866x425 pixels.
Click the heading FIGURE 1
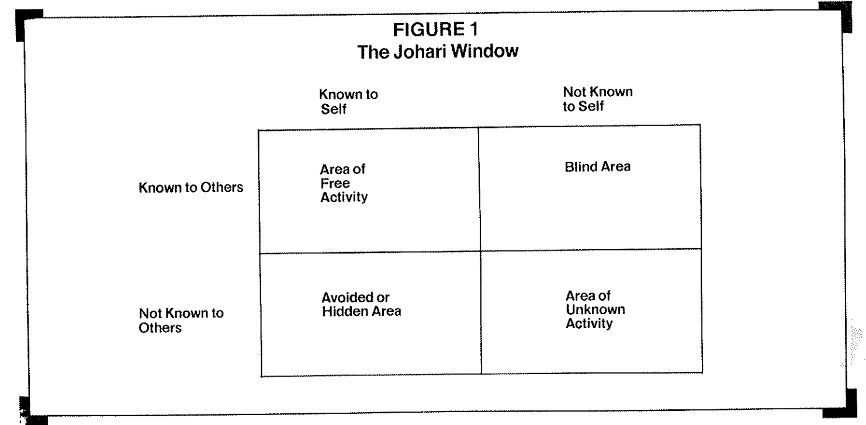[x=436, y=29]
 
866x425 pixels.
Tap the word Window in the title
[x=484, y=51]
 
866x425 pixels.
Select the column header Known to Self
[x=348, y=102]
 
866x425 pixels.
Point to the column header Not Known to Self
[x=598, y=99]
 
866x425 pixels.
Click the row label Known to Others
[x=191, y=187]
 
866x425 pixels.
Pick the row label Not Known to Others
[x=181, y=321]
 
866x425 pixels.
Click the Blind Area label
[x=598, y=166]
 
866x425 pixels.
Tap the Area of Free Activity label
[x=344, y=183]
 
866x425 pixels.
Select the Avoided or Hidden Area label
[x=362, y=304]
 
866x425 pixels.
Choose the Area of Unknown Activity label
[x=595, y=309]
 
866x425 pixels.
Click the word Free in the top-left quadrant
[x=335, y=183]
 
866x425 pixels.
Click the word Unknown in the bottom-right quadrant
[x=595, y=309]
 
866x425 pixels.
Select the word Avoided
[x=348, y=298]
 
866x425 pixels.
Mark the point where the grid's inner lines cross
[x=480, y=252]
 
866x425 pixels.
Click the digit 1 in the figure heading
[x=474, y=29]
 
